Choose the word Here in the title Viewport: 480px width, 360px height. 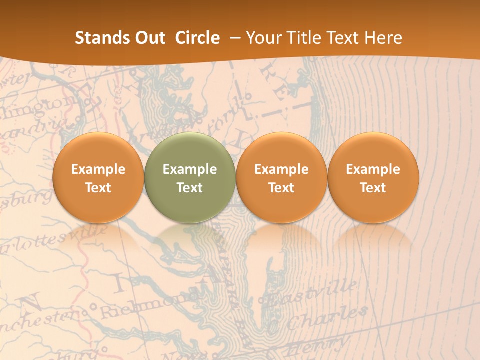coord(383,38)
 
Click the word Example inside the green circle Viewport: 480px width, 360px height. coord(190,169)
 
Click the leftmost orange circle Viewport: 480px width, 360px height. coord(98,177)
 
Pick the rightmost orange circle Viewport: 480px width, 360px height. coord(373,177)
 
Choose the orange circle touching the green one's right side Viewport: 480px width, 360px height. coord(281,177)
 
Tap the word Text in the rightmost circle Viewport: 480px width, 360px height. coord(373,188)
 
